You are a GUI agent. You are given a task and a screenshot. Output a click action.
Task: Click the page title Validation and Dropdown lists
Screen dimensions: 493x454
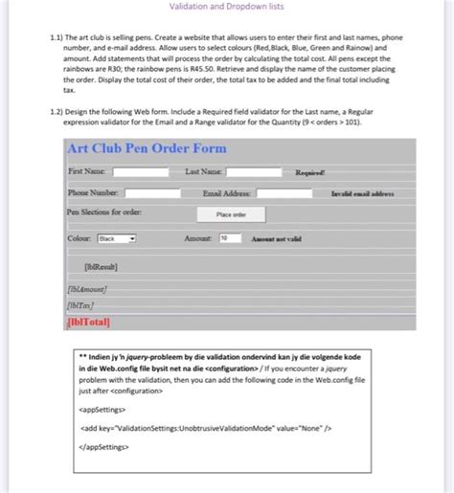click(x=226, y=7)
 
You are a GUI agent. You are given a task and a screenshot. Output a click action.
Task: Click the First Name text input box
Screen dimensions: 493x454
click(x=141, y=172)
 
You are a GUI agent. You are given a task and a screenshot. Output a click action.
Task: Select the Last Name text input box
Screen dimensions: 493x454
click(x=254, y=172)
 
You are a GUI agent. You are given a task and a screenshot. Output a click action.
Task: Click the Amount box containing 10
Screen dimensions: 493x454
click(x=230, y=237)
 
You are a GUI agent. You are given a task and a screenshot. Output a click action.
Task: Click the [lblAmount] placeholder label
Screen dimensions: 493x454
click(x=87, y=287)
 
